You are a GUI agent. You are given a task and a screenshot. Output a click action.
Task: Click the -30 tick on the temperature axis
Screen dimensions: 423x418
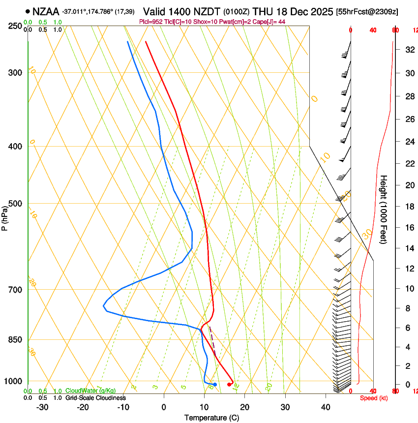coord(42,407)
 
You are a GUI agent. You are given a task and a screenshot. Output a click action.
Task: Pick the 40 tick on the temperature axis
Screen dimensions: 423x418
coord(326,407)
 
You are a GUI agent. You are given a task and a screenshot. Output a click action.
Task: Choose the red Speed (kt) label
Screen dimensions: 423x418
coord(374,398)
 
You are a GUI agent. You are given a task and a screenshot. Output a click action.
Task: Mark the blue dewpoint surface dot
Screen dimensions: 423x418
coord(215,384)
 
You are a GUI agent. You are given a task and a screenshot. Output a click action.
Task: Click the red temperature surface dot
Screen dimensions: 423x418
coord(229,385)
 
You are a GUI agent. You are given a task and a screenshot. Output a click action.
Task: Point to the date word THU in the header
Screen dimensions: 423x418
coord(263,11)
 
